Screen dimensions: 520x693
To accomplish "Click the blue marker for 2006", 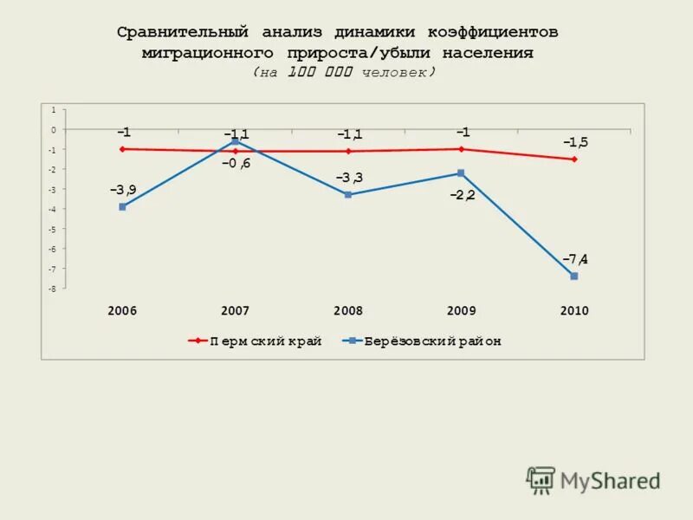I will [x=122, y=207].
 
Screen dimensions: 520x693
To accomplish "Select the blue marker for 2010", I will [x=573, y=276].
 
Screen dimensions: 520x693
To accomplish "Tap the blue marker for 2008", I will [x=347, y=195].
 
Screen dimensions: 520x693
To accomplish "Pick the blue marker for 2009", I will [x=461, y=173].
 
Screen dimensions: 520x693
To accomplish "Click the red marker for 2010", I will [x=573, y=159].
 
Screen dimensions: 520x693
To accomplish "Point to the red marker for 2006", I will [x=122, y=149].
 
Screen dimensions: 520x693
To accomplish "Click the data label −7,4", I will [x=575, y=259].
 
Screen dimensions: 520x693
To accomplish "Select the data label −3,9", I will [x=122, y=190].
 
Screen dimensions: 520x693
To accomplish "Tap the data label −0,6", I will [x=236, y=164].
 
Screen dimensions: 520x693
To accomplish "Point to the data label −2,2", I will [x=462, y=195].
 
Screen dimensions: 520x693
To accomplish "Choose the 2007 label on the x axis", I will [x=235, y=311].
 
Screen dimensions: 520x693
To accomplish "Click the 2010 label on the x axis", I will [x=573, y=311].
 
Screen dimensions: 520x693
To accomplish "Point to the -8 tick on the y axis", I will [x=53, y=289].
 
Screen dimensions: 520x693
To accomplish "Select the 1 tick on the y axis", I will [x=54, y=110].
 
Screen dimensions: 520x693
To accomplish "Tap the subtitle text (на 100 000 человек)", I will [x=345, y=73].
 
